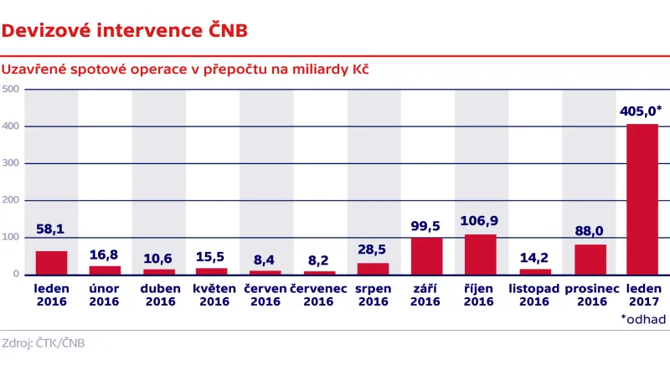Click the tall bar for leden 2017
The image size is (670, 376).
coord(642,199)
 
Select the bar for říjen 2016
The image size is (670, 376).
coord(480,255)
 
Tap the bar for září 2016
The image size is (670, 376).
coord(426,256)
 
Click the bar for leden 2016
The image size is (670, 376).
coord(51,263)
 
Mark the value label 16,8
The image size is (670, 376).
coord(105,254)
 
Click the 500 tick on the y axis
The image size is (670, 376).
coord(11,90)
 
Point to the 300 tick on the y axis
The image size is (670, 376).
coord(11,163)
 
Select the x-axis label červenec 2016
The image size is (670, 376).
coord(319,296)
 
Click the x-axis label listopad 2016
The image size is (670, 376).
coord(533,296)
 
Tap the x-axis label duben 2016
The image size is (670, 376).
coord(158,296)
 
